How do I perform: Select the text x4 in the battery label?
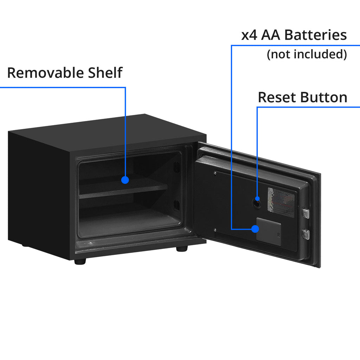[249, 35]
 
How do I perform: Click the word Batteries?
[315, 35]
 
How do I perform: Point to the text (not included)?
[307, 54]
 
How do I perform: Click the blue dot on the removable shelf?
[125, 180]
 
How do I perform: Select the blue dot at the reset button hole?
[258, 199]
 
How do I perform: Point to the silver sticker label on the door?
[281, 202]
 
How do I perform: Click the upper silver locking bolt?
[306, 213]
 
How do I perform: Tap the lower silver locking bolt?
[306, 233]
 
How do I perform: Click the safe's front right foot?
[182, 249]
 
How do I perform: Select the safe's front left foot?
[80, 262]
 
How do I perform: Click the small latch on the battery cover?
[279, 234]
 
